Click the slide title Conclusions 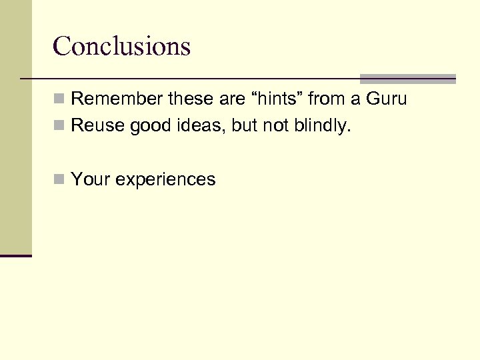pyautogui.click(x=121, y=46)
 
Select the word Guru pyautogui.click(x=387, y=99)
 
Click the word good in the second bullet pyautogui.click(x=150, y=125)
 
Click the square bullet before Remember pyautogui.click(x=60, y=100)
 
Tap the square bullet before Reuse pyautogui.click(x=60, y=125)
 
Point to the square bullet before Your pyautogui.click(x=60, y=179)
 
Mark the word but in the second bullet pyautogui.click(x=245, y=125)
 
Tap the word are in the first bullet pyautogui.click(x=231, y=99)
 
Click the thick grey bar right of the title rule pyautogui.click(x=407, y=79)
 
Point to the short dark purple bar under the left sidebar pyautogui.click(x=16, y=255)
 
